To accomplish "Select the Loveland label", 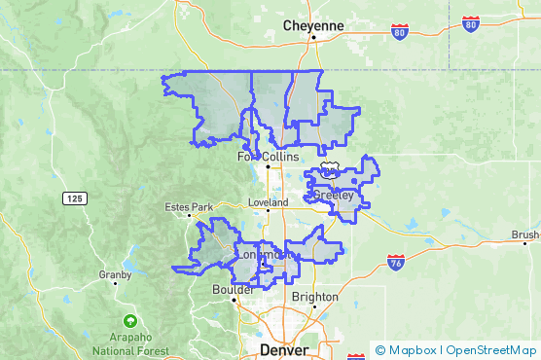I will (268, 202).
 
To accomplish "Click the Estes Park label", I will (188, 207).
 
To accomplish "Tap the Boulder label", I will (233, 289).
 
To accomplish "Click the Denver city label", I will (284, 348).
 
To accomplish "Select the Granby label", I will (115, 274).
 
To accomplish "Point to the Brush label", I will (524, 234).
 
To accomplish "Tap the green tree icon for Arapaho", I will (129, 321).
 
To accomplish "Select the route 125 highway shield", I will (74, 198).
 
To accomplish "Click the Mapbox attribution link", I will (413, 350).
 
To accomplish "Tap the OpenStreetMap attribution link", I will (490, 350).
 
